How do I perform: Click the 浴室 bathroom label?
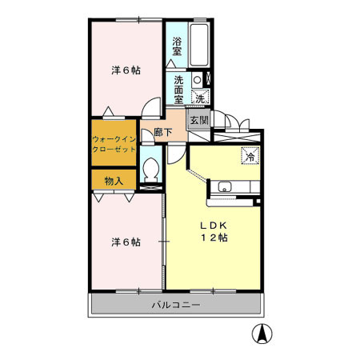coord(177,46)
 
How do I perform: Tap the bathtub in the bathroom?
coord(199,45)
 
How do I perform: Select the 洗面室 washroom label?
coord(178,90)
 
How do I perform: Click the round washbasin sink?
coord(197,80)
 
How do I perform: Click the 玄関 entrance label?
coord(199,120)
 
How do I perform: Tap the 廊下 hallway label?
coord(163,132)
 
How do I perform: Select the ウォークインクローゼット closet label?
coord(114,144)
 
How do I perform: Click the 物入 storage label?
coord(114,181)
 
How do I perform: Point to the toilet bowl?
coord(151,170)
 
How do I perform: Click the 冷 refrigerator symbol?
coord(250,155)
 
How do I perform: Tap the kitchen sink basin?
coord(225,186)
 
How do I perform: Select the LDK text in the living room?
coord(214,226)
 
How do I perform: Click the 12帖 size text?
coord(214,238)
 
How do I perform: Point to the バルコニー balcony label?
coord(176,305)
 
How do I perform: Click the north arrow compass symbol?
coord(262,334)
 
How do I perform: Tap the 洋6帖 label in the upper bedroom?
coord(126,70)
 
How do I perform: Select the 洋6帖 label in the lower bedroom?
coord(126,242)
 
